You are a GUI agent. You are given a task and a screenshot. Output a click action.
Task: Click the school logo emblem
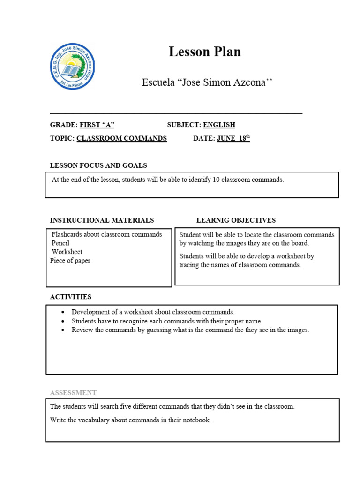click(x=72, y=67)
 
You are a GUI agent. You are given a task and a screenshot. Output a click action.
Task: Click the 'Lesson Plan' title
click(x=205, y=52)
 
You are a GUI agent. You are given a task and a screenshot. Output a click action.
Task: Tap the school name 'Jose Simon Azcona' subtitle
click(x=207, y=82)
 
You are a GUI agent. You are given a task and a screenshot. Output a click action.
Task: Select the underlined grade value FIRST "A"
click(x=97, y=125)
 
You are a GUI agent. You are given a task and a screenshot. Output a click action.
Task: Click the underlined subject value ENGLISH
click(x=219, y=125)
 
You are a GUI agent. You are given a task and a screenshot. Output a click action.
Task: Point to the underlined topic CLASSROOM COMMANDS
click(x=121, y=138)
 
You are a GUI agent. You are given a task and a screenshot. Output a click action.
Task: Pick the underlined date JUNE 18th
click(x=233, y=138)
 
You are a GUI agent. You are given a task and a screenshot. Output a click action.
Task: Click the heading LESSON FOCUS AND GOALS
click(x=98, y=165)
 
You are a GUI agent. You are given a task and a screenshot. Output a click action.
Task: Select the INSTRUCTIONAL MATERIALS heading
click(x=102, y=220)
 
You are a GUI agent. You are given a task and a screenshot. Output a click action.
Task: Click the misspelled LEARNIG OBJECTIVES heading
click(x=236, y=220)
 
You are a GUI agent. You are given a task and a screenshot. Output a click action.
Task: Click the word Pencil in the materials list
click(x=60, y=243)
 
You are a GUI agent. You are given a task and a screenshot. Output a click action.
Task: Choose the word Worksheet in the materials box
click(x=67, y=252)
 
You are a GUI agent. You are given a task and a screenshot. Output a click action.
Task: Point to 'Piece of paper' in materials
click(x=70, y=261)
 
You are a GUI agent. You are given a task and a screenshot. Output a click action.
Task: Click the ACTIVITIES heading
click(x=71, y=297)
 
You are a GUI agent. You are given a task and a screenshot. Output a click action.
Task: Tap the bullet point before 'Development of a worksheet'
click(x=63, y=312)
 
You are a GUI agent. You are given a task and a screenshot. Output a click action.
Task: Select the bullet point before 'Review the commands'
click(x=63, y=330)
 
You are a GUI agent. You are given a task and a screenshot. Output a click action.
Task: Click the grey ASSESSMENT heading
click(x=73, y=393)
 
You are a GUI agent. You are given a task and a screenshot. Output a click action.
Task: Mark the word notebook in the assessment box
click(x=196, y=420)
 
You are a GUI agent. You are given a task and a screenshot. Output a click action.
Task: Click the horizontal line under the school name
click(x=176, y=113)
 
